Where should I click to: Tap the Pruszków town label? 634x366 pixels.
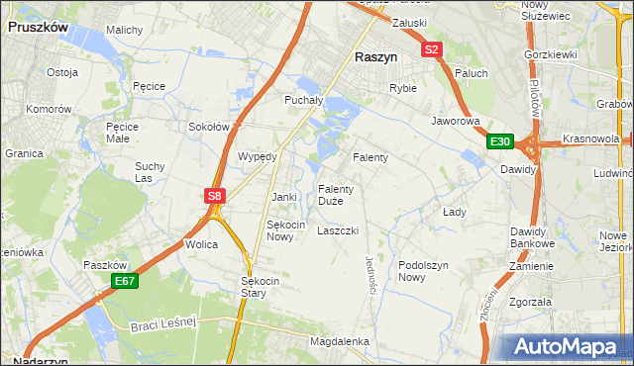tap(38, 28)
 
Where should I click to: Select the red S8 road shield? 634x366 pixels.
tap(214, 196)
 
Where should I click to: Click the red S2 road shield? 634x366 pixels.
tap(431, 48)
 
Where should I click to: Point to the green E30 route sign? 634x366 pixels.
tap(500, 142)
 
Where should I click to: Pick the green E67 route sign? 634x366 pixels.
tap(124, 281)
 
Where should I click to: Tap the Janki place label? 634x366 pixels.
tap(284, 197)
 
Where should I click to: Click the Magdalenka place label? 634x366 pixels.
tap(339, 341)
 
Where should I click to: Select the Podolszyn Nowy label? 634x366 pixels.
tap(425, 271)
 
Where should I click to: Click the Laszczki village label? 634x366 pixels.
tap(337, 230)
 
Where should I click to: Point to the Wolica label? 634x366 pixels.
tap(201, 243)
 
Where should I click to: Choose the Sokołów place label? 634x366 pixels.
tap(209, 127)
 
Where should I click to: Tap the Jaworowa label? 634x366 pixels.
tap(455, 122)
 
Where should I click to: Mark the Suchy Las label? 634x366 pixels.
tap(151, 172)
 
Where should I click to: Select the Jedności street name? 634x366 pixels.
tap(370, 272)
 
